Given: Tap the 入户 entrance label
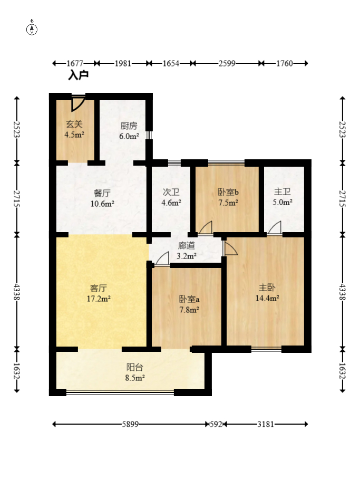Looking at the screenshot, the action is click(78, 75).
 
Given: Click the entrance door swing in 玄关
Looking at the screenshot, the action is click(77, 104).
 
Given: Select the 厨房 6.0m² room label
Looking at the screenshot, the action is click(129, 131).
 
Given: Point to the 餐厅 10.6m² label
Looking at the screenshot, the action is click(102, 198).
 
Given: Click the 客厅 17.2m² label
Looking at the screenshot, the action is click(99, 293).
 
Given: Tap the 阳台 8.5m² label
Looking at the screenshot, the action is click(134, 372).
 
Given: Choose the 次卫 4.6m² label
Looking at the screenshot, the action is click(171, 197).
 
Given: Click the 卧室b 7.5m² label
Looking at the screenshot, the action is click(228, 197).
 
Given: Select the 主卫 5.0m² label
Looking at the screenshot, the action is click(283, 197).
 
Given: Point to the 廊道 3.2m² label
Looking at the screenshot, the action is click(187, 251).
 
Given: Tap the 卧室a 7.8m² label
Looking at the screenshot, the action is click(189, 304).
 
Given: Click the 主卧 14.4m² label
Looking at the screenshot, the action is click(267, 293).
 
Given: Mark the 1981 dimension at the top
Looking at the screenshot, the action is click(123, 63).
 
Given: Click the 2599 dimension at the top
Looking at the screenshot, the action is click(227, 63).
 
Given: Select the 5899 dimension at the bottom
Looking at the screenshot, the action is click(130, 424).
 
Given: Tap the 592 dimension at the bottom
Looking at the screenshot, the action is click(216, 424).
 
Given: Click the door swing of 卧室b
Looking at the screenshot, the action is click(206, 227).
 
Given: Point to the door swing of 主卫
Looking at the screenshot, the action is click(275, 227).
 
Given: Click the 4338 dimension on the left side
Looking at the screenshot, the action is click(17, 292).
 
